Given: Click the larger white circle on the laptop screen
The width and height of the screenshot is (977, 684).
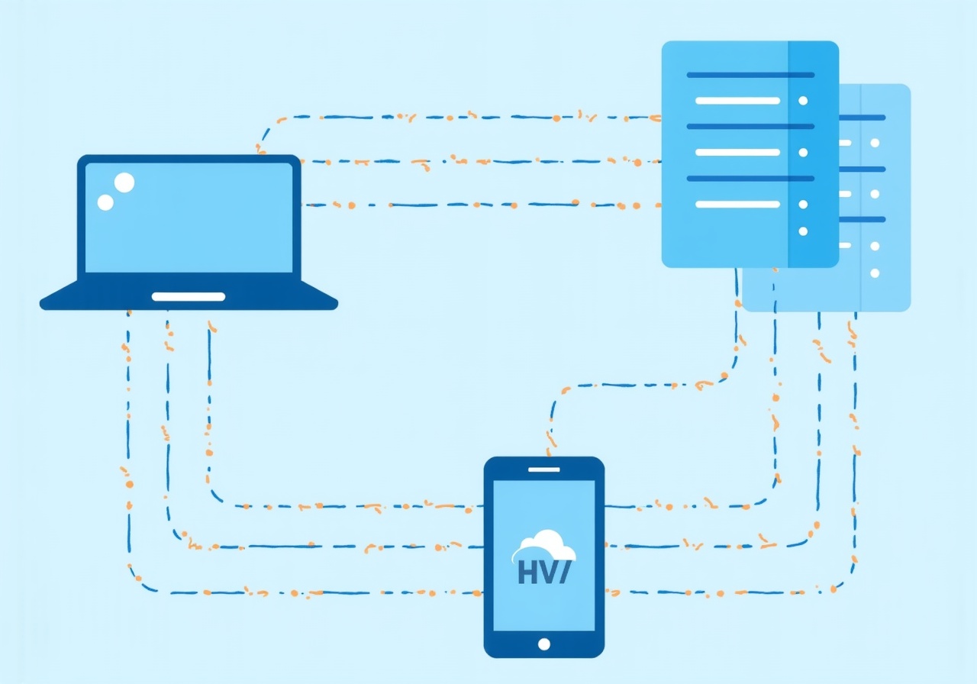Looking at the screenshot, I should pyautogui.click(x=124, y=182).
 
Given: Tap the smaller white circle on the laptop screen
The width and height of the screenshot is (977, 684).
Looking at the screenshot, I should pyautogui.click(x=105, y=202).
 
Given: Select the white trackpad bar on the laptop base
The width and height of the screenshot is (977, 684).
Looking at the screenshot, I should pyautogui.click(x=189, y=297).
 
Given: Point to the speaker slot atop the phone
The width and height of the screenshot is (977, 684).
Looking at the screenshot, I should pyautogui.click(x=543, y=469).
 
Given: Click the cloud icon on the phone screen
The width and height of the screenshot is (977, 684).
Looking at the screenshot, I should pyautogui.click(x=544, y=545).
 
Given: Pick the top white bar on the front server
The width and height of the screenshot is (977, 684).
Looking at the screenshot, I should pyautogui.click(x=737, y=100).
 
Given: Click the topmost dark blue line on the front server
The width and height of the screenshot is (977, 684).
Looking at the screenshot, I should pyautogui.click(x=750, y=75).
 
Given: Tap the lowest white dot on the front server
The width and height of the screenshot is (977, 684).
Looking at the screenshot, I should pyautogui.click(x=802, y=231).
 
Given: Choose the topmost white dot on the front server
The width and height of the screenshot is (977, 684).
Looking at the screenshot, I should pyautogui.click(x=802, y=100).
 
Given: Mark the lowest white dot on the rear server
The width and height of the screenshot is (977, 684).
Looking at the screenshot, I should pyautogui.click(x=875, y=273).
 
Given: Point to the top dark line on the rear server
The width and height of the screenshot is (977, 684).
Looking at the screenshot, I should pyautogui.click(x=863, y=118).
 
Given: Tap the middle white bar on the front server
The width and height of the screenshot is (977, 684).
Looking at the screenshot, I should pyautogui.click(x=737, y=152).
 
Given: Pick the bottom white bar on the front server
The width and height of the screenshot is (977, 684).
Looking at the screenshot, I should pyautogui.click(x=737, y=204).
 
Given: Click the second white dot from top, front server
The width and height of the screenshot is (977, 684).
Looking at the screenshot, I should pyautogui.click(x=802, y=152).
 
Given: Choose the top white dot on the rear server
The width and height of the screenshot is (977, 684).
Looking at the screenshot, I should pyautogui.click(x=875, y=143).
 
